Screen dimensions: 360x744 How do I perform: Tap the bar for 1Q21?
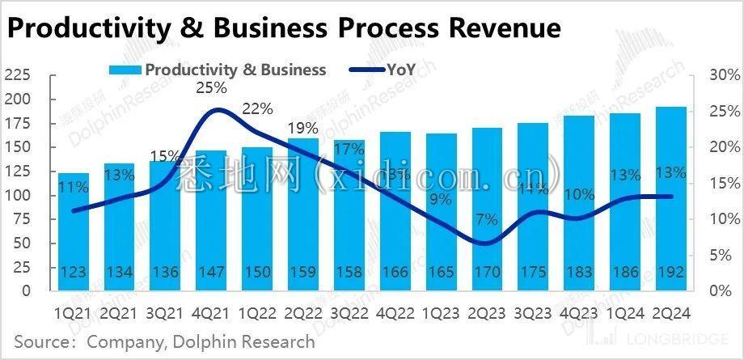tap(74, 231)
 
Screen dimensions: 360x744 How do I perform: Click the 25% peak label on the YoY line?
tap(211, 88)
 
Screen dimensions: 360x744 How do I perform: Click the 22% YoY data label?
tap(257, 109)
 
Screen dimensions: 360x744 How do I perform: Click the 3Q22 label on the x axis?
tap(349, 311)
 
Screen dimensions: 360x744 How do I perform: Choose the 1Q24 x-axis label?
tap(624, 311)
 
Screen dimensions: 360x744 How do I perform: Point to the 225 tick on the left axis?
tap(17, 76)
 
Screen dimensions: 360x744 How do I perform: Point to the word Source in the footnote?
tap(41, 342)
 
